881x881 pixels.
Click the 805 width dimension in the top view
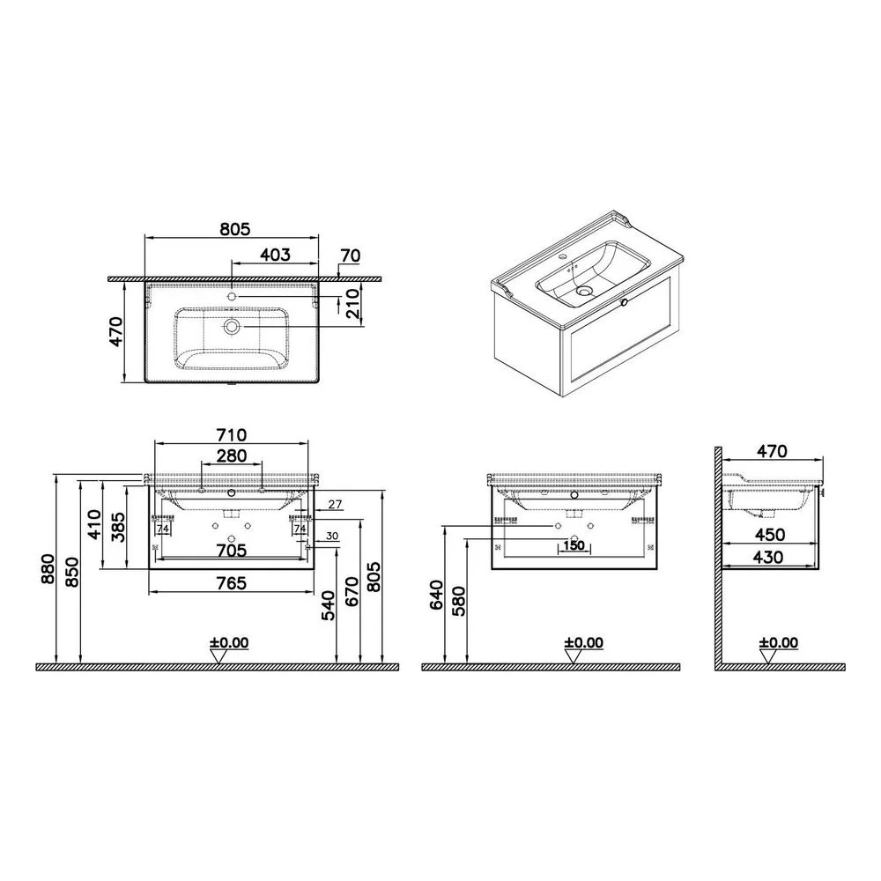click(x=234, y=229)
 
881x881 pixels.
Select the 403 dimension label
click(x=275, y=255)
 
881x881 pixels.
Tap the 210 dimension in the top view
click(x=353, y=303)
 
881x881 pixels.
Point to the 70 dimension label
click(x=350, y=255)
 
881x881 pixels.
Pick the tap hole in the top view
click(x=232, y=296)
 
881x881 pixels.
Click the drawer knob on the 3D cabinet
click(x=623, y=303)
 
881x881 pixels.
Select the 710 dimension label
click(x=232, y=435)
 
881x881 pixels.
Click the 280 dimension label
click(x=232, y=455)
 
